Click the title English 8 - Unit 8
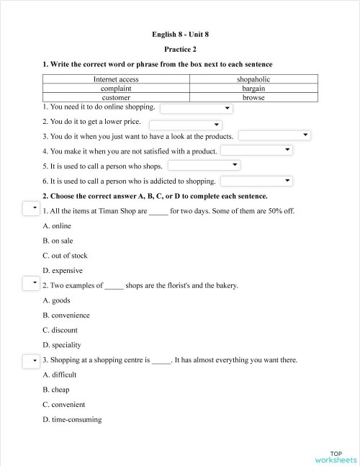180,34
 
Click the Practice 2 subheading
180,49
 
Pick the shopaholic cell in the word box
253,79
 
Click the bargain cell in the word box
253,88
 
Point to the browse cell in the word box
253,97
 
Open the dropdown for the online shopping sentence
196,108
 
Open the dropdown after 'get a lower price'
186,123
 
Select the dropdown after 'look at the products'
274,135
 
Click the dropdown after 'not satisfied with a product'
256,150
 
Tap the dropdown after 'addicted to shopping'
256,181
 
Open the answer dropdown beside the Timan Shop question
31,209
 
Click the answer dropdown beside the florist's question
31,284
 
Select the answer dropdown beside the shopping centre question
31,360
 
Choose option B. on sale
58,241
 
